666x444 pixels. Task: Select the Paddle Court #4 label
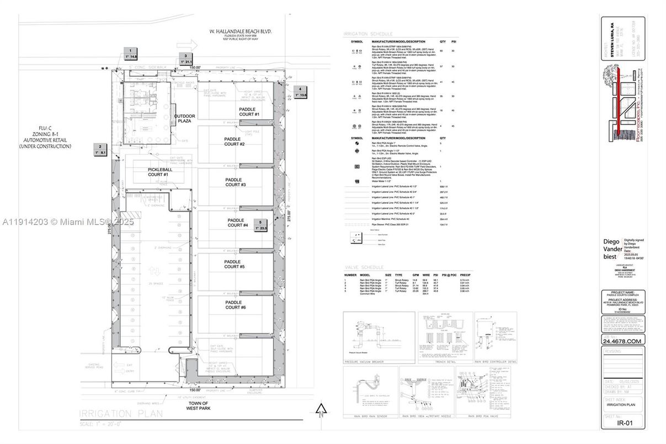pyautogui.click(x=238, y=223)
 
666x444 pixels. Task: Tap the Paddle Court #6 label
pyautogui.click(x=236, y=305)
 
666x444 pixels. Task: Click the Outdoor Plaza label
pyautogui.click(x=185, y=119)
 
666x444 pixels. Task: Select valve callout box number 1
pyautogui.click(x=130, y=54)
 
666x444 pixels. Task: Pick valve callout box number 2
pyautogui.click(x=100, y=149)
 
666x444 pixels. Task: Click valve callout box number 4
pyautogui.click(x=300, y=92)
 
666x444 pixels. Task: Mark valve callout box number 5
pyautogui.click(x=260, y=225)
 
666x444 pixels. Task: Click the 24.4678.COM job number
pyautogui.click(x=623, y=341)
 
